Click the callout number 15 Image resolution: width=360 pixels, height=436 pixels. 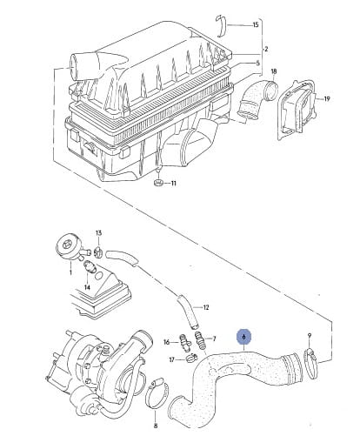click(256, 24)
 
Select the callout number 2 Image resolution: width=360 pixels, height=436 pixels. click(266, 49)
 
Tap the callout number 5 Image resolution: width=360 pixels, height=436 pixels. click(258, 64)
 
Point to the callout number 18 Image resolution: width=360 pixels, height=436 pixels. click(274, 71)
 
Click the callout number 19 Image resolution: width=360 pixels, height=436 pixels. click(327, 99)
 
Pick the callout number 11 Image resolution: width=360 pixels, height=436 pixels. click(173, 184)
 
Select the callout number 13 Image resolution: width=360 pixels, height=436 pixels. click(98, 233)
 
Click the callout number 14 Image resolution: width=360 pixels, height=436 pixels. click(87, 287)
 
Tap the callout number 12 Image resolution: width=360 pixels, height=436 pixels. click(206, 307)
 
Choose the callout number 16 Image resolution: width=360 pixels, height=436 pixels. click(166, 342)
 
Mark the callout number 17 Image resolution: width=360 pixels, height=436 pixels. click(172, 359)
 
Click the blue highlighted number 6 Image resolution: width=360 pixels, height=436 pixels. click(244, 337)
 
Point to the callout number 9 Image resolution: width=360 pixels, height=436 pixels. click(310, 336)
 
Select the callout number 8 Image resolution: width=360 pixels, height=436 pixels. click(156, 426)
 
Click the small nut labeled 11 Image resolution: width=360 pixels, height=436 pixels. click(158, 183)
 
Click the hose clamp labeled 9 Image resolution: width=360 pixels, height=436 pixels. click(311, 364)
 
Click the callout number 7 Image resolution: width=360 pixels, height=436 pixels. click(214, 339)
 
